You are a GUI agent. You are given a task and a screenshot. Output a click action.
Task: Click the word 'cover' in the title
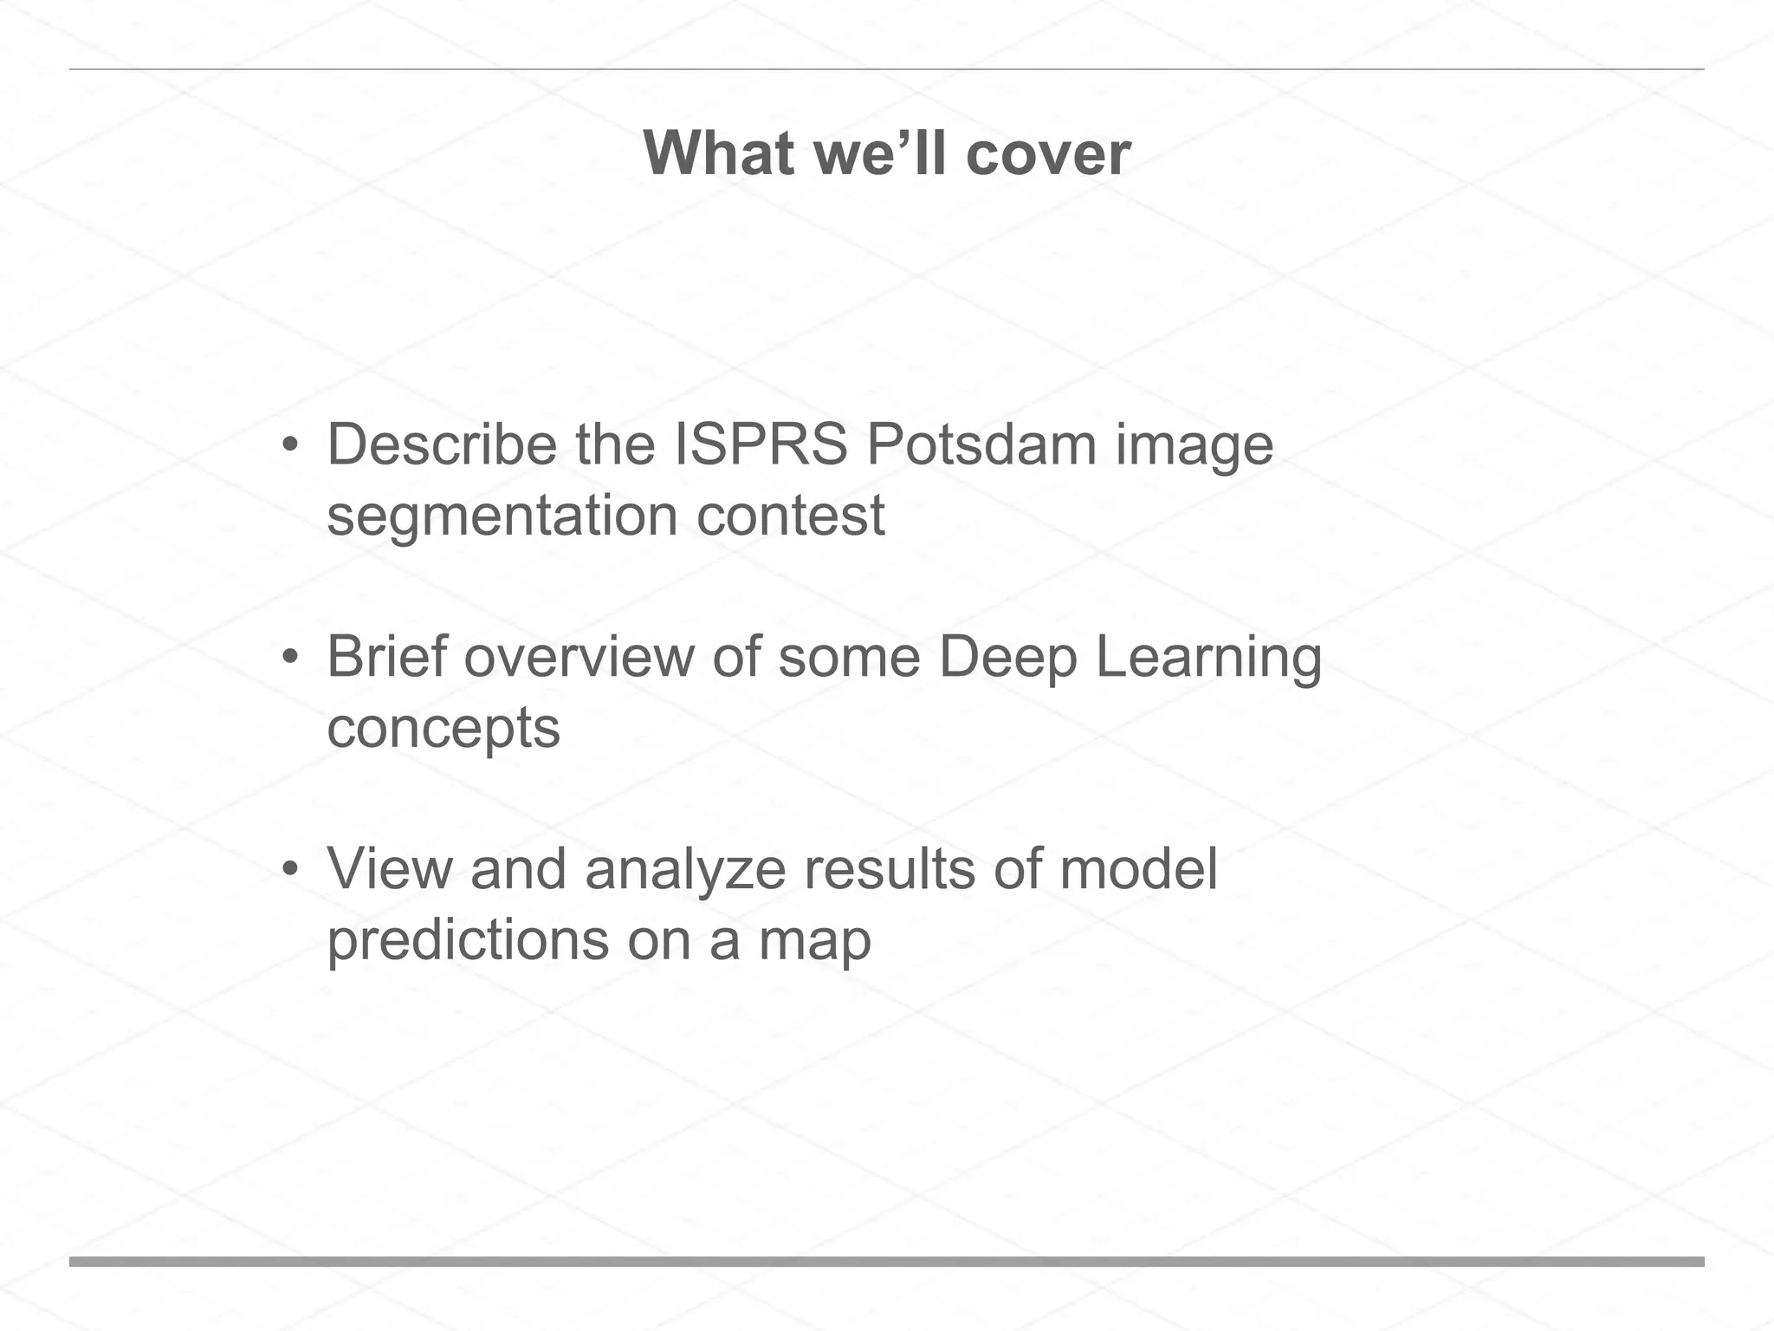1047,153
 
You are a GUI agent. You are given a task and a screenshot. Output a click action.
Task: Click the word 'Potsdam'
981,445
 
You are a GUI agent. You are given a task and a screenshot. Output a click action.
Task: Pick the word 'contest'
790,516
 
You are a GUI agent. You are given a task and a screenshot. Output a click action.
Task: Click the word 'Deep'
1007,658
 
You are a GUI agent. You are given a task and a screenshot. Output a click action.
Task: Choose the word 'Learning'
1208,658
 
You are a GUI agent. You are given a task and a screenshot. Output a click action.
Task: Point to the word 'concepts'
443,729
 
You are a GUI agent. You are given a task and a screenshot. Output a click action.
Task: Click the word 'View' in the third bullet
389,868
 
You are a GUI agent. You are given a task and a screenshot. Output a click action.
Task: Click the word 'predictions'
468,940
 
